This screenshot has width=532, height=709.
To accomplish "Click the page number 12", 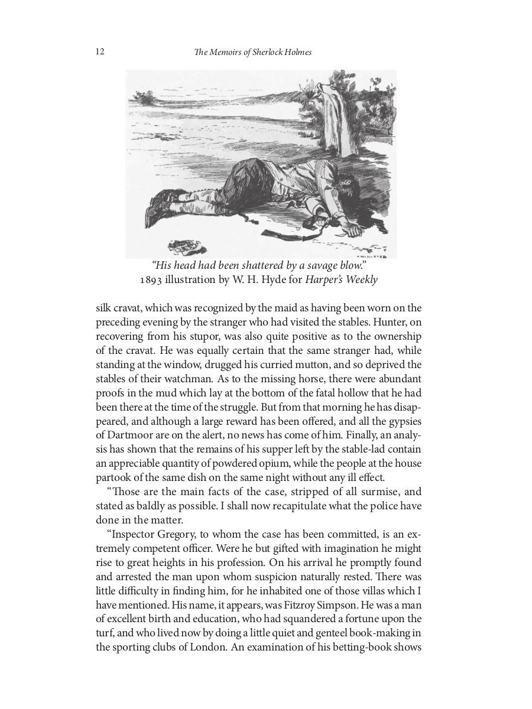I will [100, 52].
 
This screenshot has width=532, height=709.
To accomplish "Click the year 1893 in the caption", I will [151, 279].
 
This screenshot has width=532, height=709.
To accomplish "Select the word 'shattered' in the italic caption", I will [263, 265].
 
